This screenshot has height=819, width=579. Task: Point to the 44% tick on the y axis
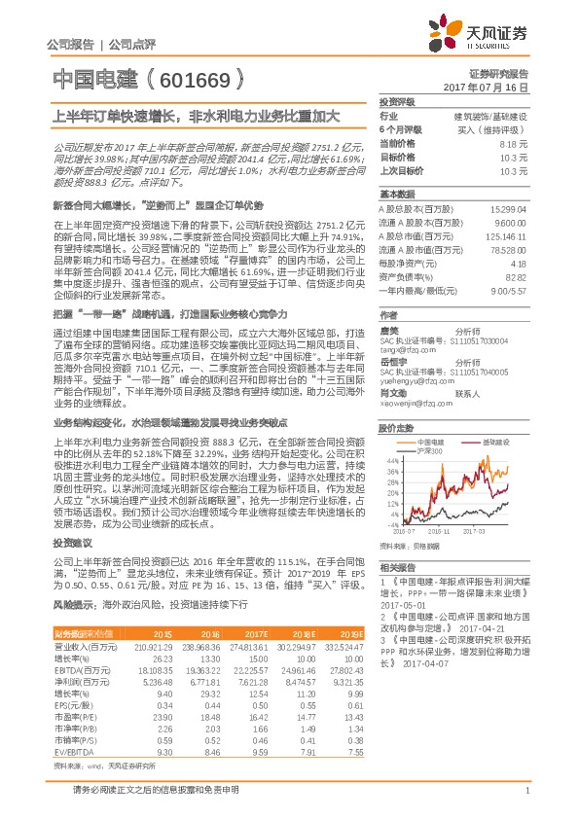click(x=390, y=460)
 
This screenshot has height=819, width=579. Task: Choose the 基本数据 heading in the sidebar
click(x=396, y=194)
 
